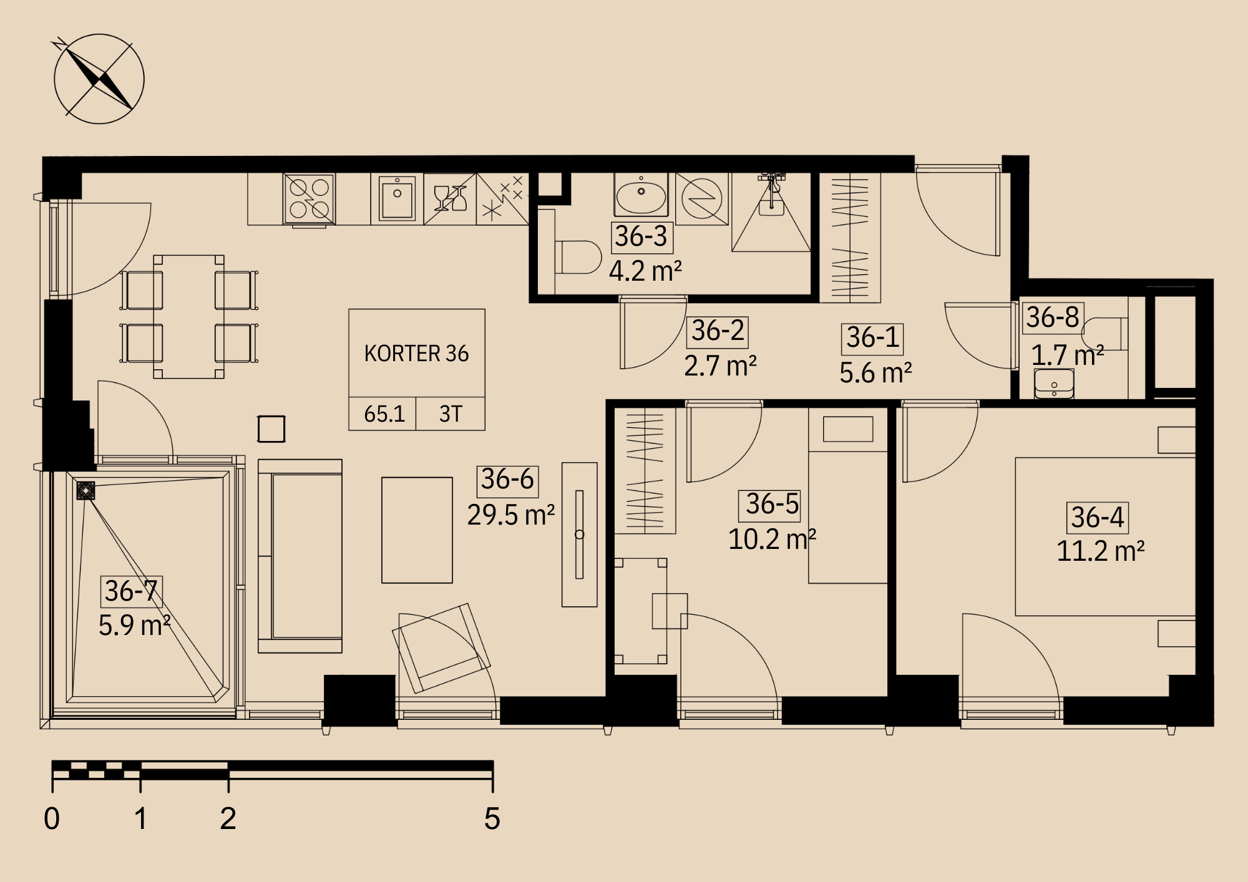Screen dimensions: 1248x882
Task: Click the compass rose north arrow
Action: [99, 79]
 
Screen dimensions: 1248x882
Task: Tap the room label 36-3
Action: [641, 236]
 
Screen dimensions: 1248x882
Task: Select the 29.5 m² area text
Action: [511, 515]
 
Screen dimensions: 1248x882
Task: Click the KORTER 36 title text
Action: [416, 354]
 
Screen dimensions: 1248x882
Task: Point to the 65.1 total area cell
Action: [384, 414]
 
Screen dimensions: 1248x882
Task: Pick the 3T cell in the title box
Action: [451, 414]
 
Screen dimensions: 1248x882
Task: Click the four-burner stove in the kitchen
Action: [310, 198]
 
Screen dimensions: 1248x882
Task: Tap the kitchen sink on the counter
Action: [397, 198]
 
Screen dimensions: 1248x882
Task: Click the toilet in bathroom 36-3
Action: [578, 257]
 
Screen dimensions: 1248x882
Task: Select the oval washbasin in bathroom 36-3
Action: [641, 195]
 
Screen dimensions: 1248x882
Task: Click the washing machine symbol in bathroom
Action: [702, 199]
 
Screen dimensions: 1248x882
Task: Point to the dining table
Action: [189, 316]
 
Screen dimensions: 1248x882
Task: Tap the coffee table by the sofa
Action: [417, 530]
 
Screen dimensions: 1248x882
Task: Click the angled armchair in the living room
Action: [441, 648]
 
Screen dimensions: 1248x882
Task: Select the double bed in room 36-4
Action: [1105, 536]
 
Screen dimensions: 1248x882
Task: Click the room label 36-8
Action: [1053, 317]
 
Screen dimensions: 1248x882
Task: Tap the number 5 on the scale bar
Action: [492, 818]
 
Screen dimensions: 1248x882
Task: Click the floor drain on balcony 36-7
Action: [85, 491]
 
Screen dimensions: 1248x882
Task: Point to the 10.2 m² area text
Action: [772, 540]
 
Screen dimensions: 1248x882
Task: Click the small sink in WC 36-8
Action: [1054, 384]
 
